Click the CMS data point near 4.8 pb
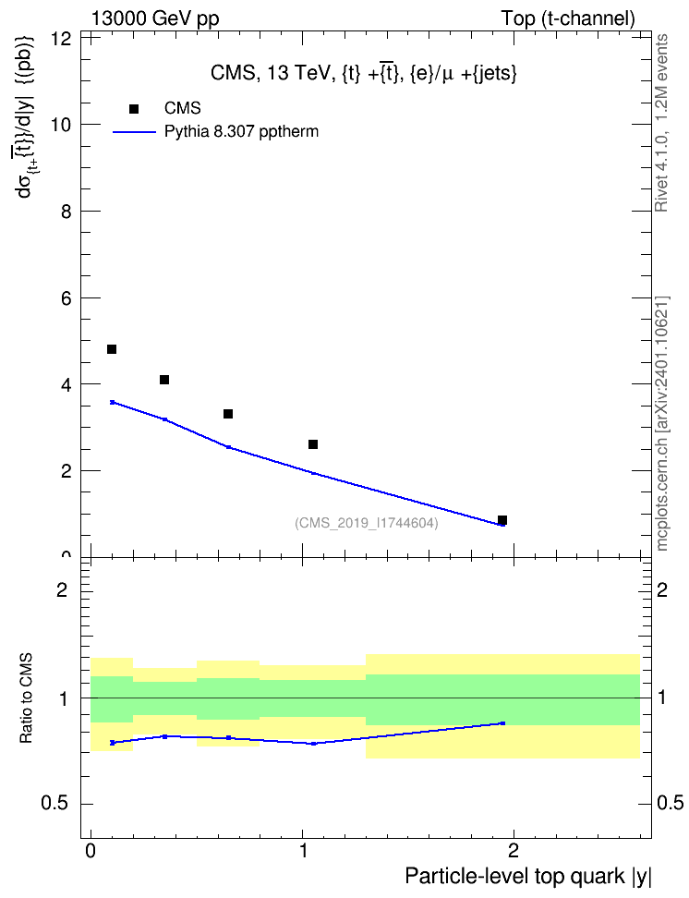(112, 349)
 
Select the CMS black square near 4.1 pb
(164, 380)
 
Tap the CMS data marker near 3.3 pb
(228, 414)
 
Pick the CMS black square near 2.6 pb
(313, 444)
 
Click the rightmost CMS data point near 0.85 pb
(502, 520)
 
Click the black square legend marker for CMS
(134, 109)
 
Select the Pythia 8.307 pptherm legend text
(241, 132)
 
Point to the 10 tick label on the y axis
(61, 125)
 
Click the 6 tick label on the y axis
(66, 297)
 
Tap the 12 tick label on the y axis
(61, 39)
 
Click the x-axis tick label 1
(303, 851)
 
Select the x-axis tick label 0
(91, 851)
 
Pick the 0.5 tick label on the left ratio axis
(56, 804)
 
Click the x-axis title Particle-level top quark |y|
(528, 877)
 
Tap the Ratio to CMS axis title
(27, 698)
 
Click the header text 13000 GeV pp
(155, 18)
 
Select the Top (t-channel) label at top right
(568, 18)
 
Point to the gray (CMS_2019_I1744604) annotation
(367, 523)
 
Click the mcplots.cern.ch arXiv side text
(662, 423)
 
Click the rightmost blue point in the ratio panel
(502, 723)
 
